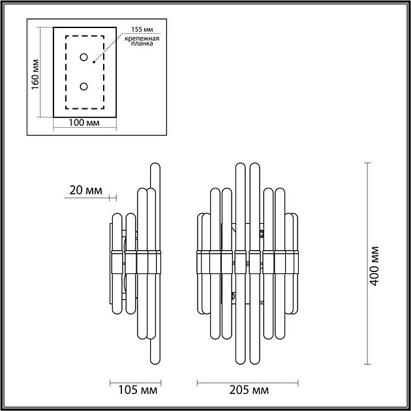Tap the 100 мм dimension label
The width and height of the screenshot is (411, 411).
pyautogui.click(x=84, y=123)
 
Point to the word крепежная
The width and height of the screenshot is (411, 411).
pyautogui.click(x=140, y=40)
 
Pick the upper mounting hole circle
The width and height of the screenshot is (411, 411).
pyautogui.click(x=84, y=57)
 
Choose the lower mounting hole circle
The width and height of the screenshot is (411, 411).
pyautogui.click(x=84, y=86)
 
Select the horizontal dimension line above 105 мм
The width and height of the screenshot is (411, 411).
pyautogui.click(x=136, y=382)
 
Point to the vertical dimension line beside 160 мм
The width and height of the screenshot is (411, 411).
pyautogui.click(x=41, y=72)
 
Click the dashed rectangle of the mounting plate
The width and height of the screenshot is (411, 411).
pyautogui.click(x=67, y=72)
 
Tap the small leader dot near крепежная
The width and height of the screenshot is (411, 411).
pyautogui.click(x=94, y=63)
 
